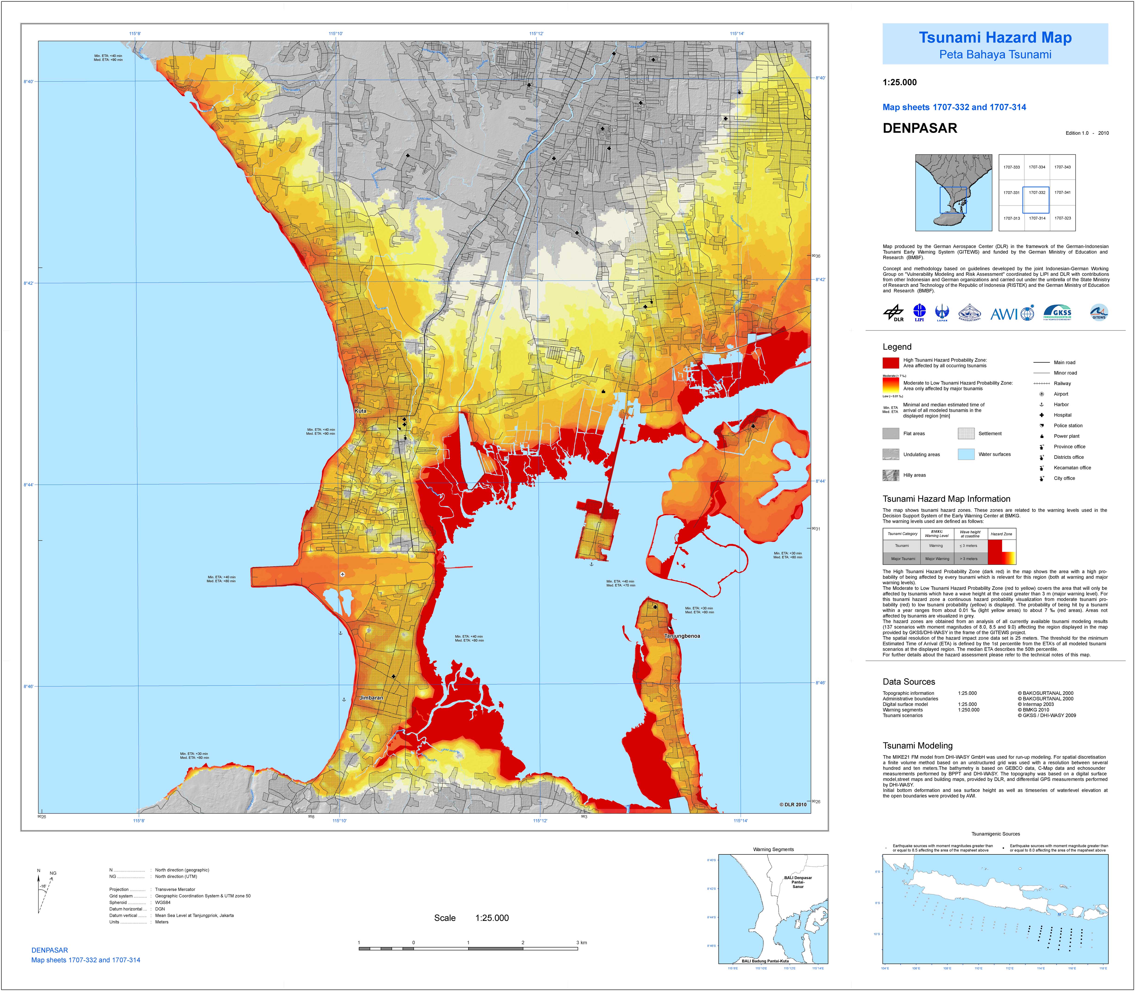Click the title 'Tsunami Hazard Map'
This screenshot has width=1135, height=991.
[995, 38]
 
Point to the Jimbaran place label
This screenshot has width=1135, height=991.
[371, 698]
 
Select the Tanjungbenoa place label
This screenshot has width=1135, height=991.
[682, 636]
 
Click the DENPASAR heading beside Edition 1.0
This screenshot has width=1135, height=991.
[920, 128]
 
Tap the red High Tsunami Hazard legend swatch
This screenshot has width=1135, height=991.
[890, 363]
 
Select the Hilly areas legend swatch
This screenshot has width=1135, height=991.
[890, 475]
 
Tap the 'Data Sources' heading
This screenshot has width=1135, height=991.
[909, 682]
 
